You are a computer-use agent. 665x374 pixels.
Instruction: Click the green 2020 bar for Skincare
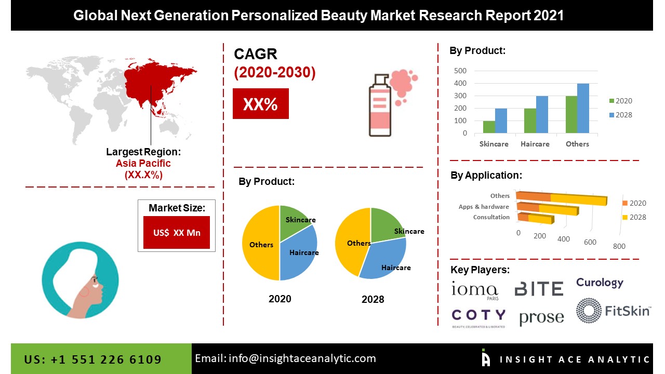click(488, 127)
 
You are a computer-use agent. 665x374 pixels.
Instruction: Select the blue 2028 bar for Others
click(583, 108)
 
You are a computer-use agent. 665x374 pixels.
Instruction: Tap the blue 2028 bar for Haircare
click(542, 114)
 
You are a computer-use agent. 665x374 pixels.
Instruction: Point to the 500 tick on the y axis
click(460, 71)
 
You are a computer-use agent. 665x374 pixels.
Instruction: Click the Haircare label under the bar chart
click(535, 144)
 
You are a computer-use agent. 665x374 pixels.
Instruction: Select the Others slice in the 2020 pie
click(260, 244)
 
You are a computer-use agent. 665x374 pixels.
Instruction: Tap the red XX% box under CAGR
click(260, 104)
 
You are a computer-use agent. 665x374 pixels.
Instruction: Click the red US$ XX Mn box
click(177, 232)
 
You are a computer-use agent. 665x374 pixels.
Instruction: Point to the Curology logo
click(600, 283)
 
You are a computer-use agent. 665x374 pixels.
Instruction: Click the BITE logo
click(539, 289)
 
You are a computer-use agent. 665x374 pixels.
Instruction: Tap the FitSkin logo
click(613, 311)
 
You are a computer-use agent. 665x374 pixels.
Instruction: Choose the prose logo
click(541, 317)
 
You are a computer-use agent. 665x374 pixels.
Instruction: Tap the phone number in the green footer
click(93, 359)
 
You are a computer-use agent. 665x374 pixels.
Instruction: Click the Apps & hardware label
click(484, 207)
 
